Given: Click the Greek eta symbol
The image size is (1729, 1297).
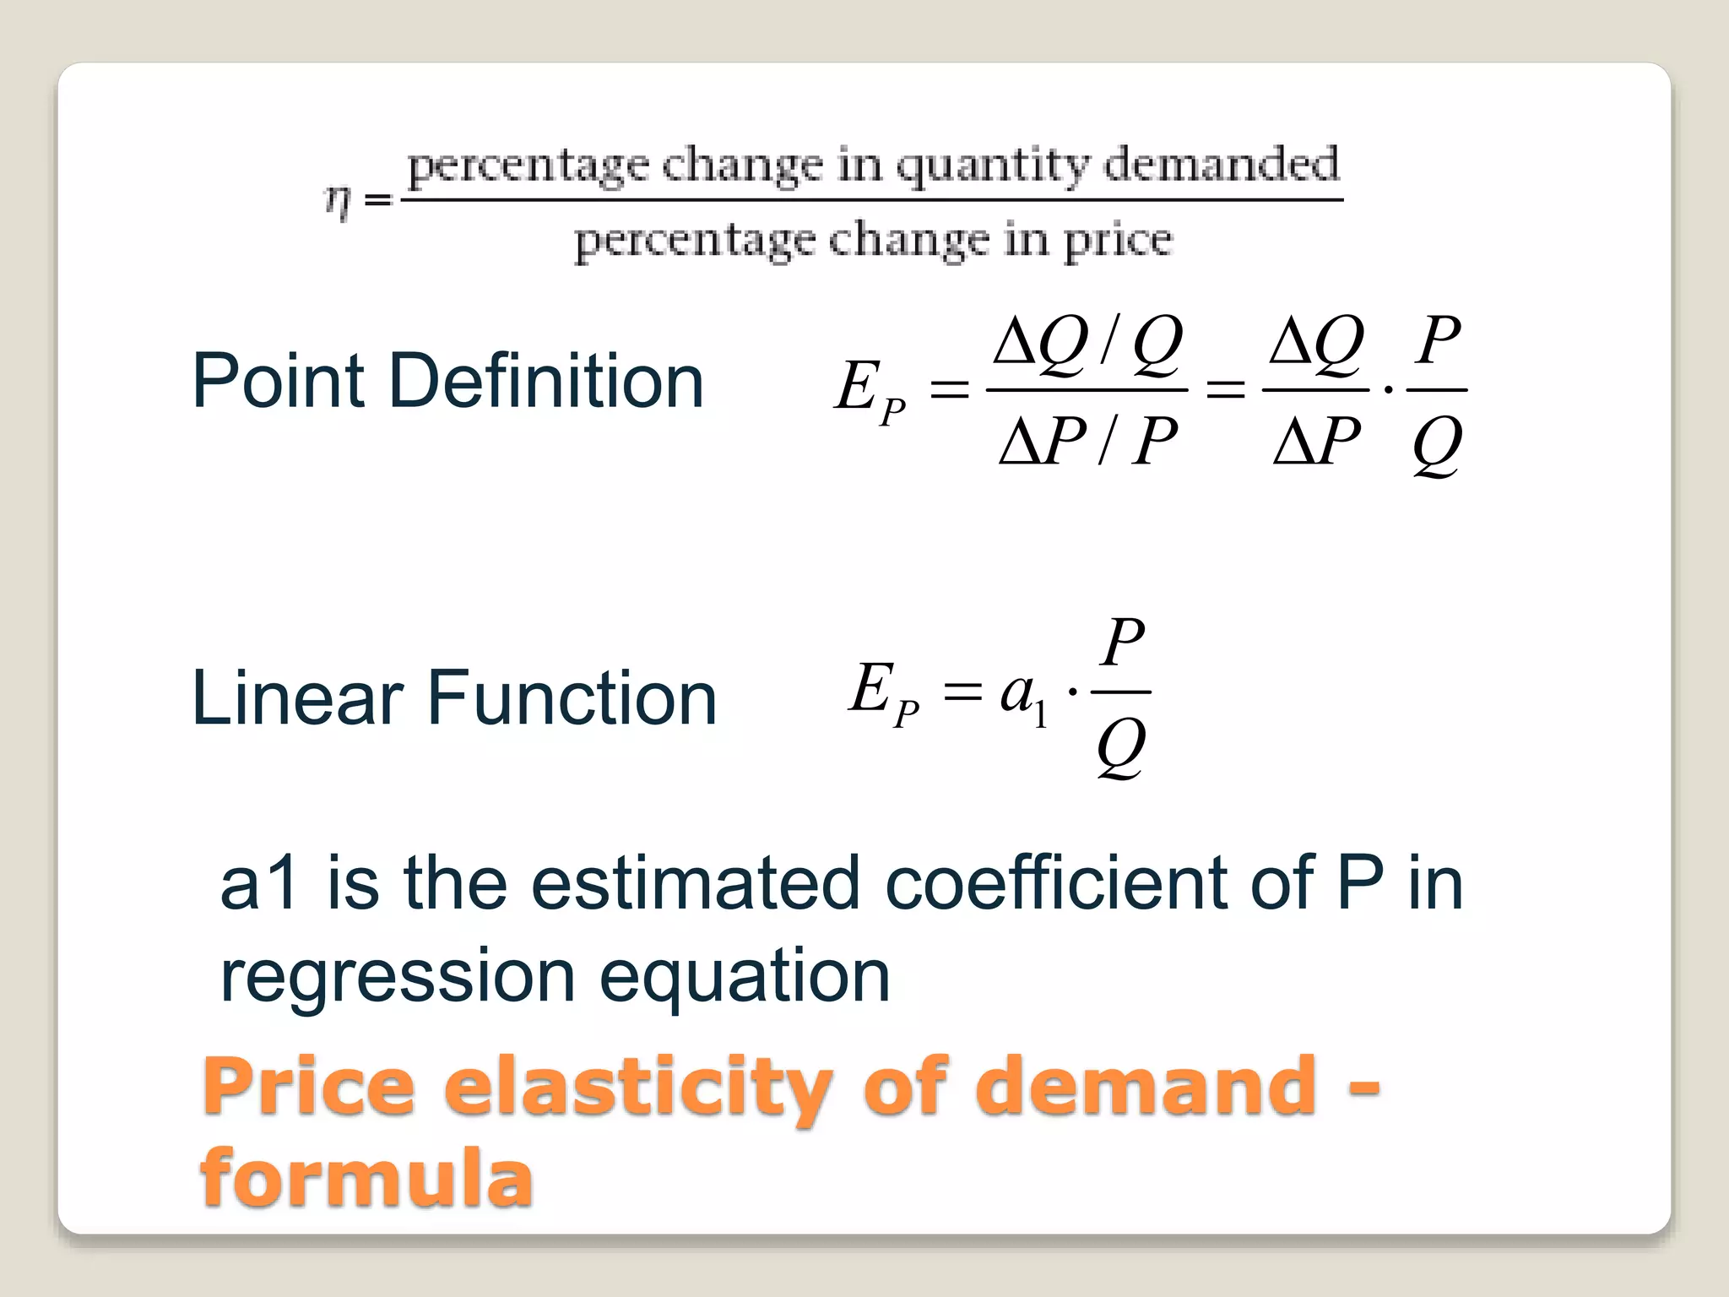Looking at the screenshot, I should coord(338,203).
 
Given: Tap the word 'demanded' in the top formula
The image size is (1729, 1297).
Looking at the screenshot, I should coord(1221,164).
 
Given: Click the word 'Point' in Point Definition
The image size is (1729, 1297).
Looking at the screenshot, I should coord(279,382).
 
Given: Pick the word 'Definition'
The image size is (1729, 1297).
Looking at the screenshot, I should coord(545,382).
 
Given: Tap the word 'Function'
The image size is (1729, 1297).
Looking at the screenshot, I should coord(572,698).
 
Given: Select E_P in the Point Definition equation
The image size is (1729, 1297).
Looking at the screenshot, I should coord(870,390).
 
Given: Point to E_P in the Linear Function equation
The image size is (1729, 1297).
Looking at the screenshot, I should coord(883,693).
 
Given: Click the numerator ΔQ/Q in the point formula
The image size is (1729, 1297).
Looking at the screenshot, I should coord(1087,345).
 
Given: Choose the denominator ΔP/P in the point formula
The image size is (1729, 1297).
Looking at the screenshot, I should coord(1087,441).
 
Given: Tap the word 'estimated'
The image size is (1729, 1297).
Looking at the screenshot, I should coord(695,883).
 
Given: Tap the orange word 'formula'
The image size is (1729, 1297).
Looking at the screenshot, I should coord(366,1178).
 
